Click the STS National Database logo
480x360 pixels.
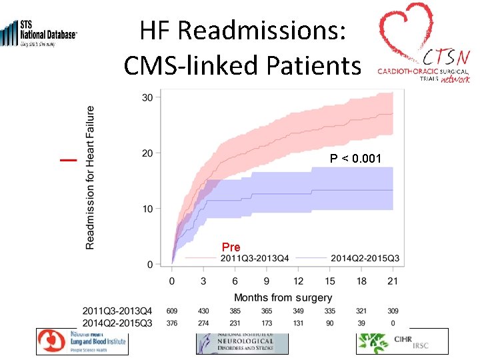point(40,33)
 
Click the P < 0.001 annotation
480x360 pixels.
point(355,159)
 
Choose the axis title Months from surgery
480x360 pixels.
point(283,297)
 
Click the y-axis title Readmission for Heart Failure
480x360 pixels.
point(90,178)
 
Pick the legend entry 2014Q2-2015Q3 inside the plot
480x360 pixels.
point(365,258)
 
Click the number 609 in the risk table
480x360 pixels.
point(173,311)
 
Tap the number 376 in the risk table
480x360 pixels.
point(173,323)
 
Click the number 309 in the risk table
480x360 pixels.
point(393,311)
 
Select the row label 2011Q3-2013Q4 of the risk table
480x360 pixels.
point(117,311)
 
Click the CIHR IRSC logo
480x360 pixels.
point(402,341)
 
